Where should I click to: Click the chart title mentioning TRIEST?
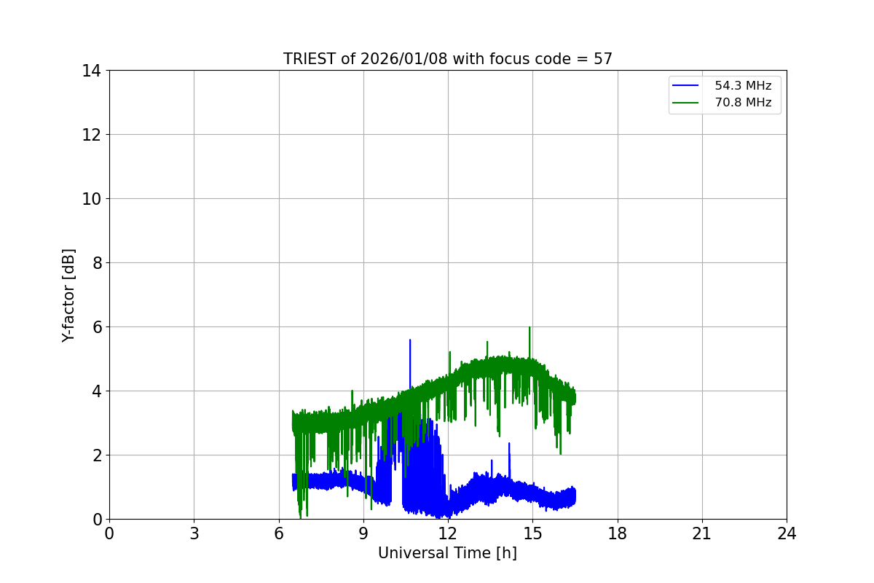447,59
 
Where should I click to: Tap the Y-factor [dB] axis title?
68,295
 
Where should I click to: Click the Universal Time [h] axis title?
447,553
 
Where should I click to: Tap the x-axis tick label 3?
194,534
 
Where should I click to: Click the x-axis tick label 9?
363,534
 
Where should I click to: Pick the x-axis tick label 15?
532,534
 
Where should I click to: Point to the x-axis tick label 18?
618,534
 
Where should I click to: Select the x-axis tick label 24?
787,534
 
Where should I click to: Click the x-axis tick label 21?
702,534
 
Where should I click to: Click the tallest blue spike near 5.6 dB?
410,341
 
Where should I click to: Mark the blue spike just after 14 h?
509,445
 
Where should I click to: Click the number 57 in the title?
602,59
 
